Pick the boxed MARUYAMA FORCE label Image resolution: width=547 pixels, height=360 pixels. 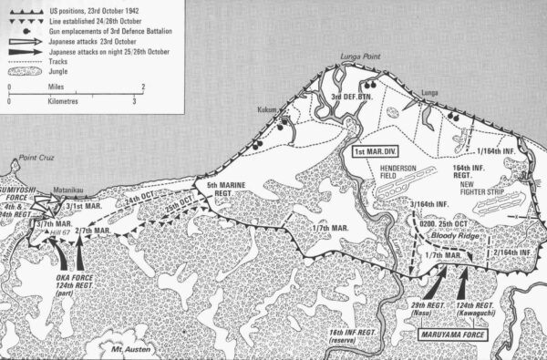click(x=445, y=334)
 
